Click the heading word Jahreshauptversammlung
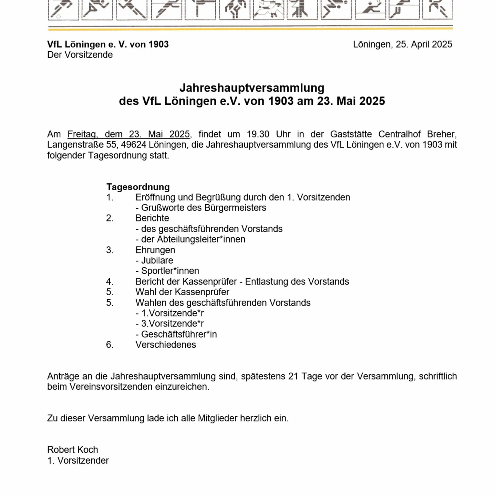pos(252,88)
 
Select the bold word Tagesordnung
pos(138,187)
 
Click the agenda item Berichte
pos(152,218)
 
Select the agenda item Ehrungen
pos(155,250)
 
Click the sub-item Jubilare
pos(157,260)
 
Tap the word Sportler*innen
pos(170,271)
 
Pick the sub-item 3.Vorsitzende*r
pos(172,324)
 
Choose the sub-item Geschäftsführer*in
pos(179,334)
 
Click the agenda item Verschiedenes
pos(166,345)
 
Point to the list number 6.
pos(110,345)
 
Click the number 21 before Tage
pos(293,376)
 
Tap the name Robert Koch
pos(73,450)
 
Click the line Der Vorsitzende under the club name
pos(80,55)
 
